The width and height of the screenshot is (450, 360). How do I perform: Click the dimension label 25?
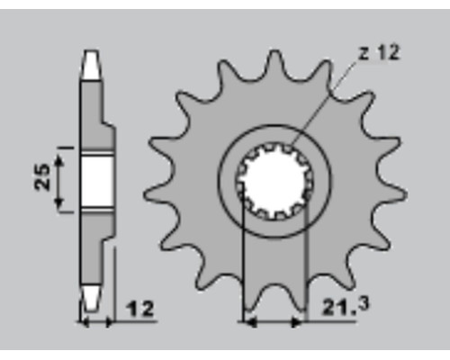click(42, 176)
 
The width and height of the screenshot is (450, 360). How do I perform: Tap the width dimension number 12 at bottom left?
click(139, 309)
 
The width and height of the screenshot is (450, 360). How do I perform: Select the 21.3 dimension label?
click(346, 306)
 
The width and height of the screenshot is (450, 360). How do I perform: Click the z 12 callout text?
click(380, 52)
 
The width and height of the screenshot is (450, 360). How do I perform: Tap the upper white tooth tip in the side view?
click(91, 65)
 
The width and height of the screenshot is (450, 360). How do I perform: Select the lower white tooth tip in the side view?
click(91, 297)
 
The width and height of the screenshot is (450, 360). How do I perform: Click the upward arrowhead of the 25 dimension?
click(59, 162)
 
